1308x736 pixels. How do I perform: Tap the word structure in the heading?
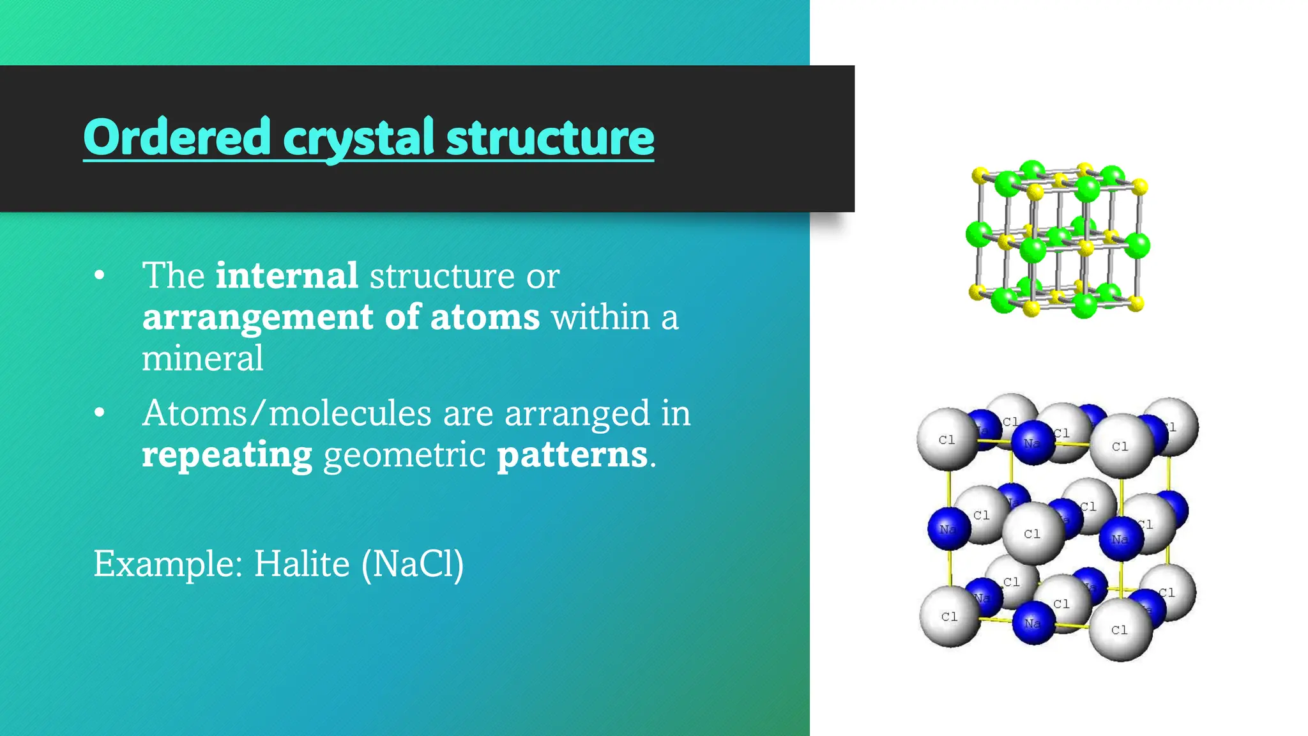pos(550,138)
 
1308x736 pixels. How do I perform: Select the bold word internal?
pos(287,275)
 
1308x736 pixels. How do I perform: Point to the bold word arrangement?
pos(257,318)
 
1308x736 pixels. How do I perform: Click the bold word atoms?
pos(485,317)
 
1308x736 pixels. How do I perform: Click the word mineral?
pos(202,358)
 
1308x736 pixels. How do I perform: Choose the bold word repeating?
pos(227,455)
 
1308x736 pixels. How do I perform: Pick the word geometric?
pos(404,455)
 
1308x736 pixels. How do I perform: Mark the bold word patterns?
pos(572,455)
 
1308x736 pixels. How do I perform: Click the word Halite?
pos(302,563)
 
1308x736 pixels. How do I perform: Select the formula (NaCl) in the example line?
pos(413,563)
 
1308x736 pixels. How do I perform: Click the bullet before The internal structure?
pos(99,276)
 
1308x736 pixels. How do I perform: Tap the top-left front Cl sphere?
pos(947,439)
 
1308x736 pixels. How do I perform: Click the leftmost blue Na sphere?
pos(948,528)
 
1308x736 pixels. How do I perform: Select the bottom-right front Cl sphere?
pos(1120,629)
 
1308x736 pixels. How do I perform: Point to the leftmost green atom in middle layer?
pos(978,234)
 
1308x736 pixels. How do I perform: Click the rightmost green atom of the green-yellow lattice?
pos(1137,245)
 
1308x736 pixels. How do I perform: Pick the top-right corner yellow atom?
pos(1140,187)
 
